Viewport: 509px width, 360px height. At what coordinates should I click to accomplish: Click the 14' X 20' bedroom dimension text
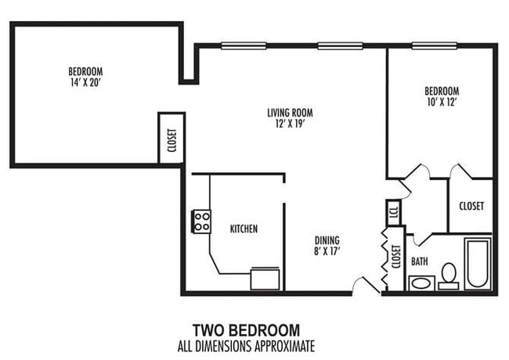point(85,82)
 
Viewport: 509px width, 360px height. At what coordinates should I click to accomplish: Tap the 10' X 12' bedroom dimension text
point(442,102)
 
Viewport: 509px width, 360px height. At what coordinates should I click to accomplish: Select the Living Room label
point(290,113)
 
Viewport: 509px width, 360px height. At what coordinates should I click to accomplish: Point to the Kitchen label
point(244,229)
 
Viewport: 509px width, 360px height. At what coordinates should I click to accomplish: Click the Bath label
point(421,261)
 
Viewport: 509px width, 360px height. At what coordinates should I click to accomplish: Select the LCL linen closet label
point(393,212)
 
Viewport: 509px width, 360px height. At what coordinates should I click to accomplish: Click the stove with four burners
point(201,221)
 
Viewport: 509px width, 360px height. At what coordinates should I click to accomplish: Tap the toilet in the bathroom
point(449,275)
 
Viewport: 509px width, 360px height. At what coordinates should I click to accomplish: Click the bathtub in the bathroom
point(477,263)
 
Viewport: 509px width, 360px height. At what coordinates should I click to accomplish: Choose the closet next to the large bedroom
point(171,139)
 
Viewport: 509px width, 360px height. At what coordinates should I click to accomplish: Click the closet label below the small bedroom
point(471,206)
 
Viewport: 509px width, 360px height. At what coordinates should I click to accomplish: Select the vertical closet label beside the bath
point(395,259)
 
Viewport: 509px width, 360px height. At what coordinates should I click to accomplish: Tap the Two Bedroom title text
point(246,329)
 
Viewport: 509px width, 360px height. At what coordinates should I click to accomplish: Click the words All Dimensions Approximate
point(246,344)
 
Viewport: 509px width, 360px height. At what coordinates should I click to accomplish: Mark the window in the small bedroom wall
point(434,45)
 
